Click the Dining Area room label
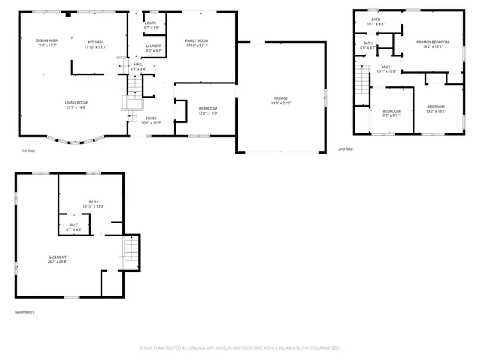click(x=47, y=42)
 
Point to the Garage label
click(x=281, y=100)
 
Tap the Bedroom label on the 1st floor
click(x=208, y=110)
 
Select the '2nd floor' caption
click(x=346, y=149)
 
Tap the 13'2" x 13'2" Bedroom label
click(x=436, y=108)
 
